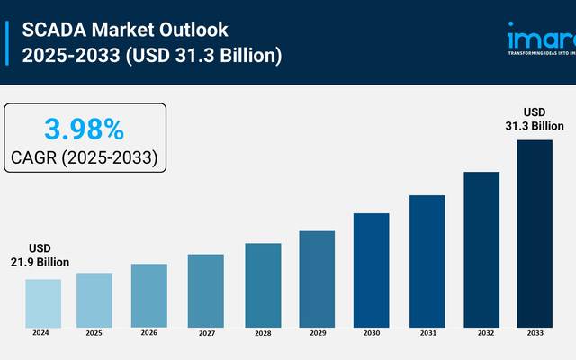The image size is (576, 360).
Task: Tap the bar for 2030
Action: [x=371, y=269]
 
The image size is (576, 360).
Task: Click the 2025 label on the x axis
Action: [x=94, y=333]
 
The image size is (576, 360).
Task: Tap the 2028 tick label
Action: [x=262, y=333]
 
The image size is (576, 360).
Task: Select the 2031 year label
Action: [x=427, y=333]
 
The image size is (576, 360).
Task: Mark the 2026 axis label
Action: [x=149, y=333]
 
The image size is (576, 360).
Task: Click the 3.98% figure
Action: [x=84, y=130]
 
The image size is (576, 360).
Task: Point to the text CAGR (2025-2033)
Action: [x=84, y=157]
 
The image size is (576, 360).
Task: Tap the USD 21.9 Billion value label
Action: [x=40, y=255]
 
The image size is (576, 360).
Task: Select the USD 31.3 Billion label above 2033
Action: [x=535, y=119]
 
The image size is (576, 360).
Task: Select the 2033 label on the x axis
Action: [x=535, y=333]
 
